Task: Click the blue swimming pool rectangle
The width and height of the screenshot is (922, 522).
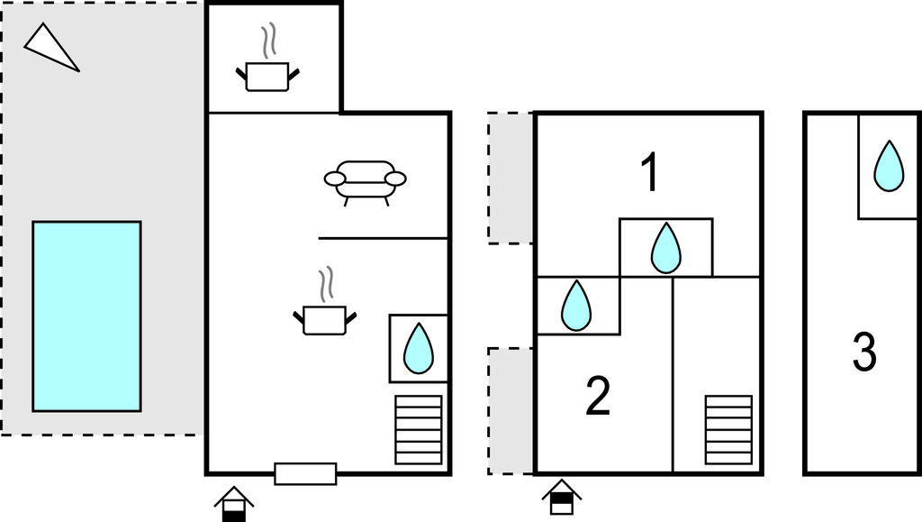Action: coord(86,316)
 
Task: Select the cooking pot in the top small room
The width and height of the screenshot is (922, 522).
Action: coord(267,73)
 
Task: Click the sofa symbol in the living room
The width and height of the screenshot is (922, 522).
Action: coord(365,179)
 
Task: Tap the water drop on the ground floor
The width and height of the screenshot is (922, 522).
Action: coord(418,349)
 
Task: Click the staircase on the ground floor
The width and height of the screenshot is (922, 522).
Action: coord(419,430)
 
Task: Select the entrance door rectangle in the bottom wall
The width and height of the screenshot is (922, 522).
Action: coord(305,473)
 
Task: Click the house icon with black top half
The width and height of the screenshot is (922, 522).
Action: coord(561,497)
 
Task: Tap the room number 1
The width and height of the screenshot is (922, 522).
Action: coord(649,173)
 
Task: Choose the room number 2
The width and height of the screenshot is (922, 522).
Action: coord(598,397)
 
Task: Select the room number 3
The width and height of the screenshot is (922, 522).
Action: coord(864,353)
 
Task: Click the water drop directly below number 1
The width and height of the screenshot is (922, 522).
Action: coord(666,248)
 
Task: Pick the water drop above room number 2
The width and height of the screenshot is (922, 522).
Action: coord(576,306)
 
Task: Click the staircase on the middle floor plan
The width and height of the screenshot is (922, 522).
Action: coord(728,429)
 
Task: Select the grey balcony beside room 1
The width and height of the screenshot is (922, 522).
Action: coord(511,178)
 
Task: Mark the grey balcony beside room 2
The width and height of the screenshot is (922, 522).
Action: coord(511,411)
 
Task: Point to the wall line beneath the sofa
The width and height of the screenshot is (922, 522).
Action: coord(383,238)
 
